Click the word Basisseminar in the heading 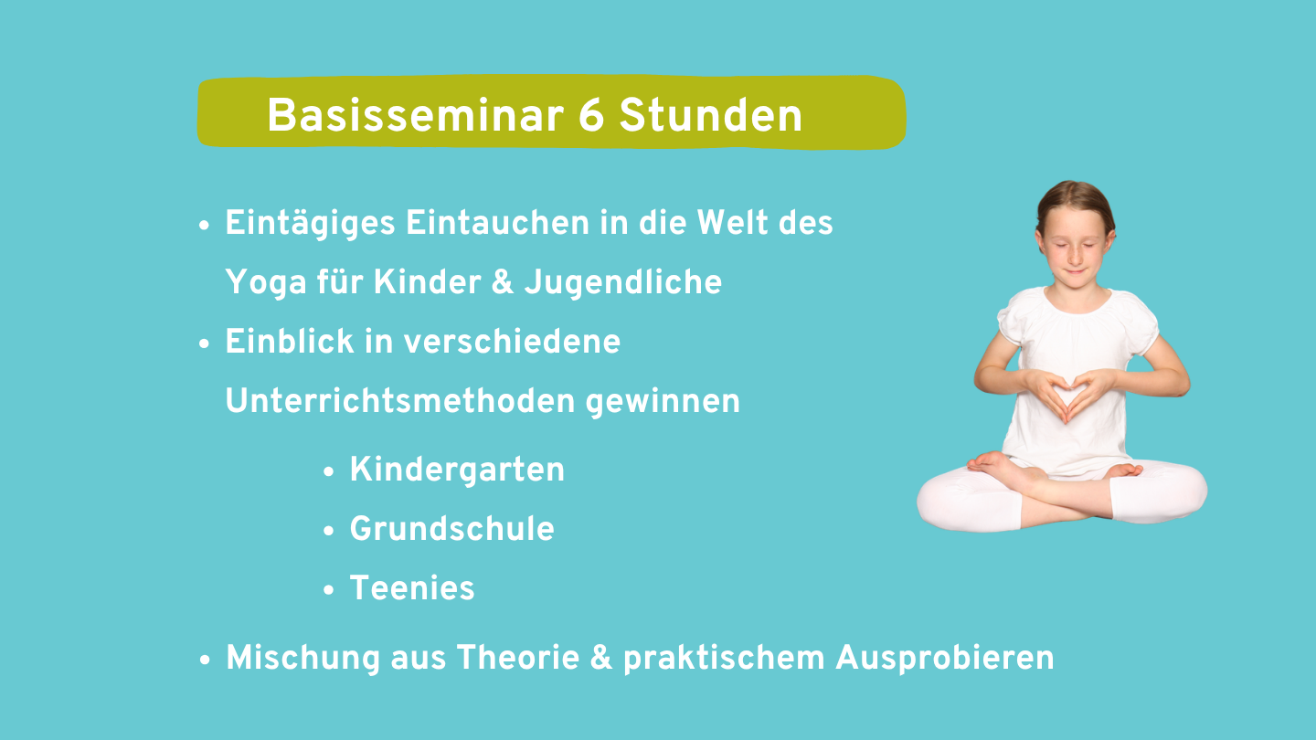[415, 115]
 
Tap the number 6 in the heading [591, 115]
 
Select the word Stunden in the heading [711, 115]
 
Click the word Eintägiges [310, 225]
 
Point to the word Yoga [266, 283]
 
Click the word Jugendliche [622, 282]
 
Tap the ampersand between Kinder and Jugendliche [503, 282]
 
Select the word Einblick [290, 342]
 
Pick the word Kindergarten [457, 470]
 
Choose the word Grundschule [451, 529]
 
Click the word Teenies [412, 588]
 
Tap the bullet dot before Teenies [328, 589]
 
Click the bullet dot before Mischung [205, 660]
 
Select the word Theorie [518, 657]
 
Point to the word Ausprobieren [945, 659]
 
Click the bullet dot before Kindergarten [328, 471]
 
